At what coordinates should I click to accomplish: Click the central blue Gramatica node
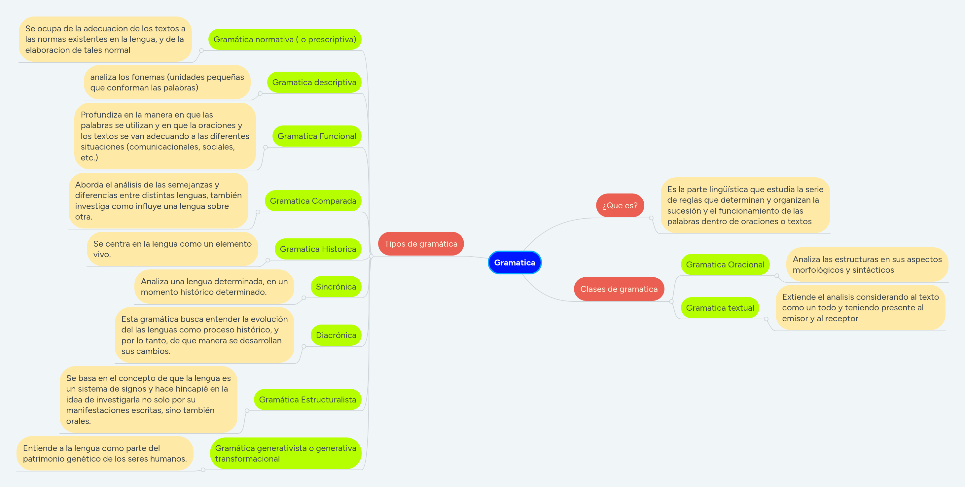(514, 262)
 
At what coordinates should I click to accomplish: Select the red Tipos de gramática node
(421, 244)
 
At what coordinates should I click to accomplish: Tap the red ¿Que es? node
(620, 205)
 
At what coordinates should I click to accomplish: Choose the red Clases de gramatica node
(619, 289)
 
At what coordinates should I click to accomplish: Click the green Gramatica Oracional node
(725, 264)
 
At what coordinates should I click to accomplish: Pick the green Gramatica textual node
(720, 308)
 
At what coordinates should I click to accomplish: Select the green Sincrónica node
(336, 287)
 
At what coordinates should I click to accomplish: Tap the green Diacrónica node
(336, 335)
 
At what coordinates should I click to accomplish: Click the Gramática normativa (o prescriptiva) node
(285, 39)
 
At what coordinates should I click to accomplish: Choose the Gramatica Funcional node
(316, 136)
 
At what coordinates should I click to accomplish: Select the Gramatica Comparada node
(313, 201)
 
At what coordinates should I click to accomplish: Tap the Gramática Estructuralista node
(307, 400)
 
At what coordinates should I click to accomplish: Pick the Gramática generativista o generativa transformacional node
(285, 453)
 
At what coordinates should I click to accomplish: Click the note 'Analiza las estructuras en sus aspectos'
(867, 264)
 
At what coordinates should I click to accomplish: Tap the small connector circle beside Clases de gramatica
(671, 301)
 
